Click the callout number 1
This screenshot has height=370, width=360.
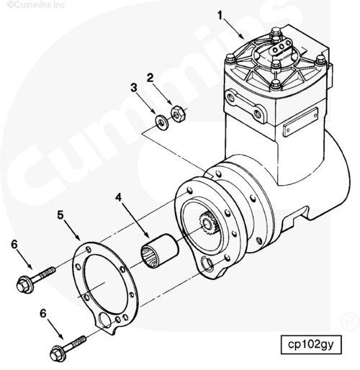220,15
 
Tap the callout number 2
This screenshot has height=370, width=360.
150,78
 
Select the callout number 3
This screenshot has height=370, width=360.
134,87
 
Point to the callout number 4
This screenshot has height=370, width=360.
118,197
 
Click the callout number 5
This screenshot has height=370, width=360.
60,215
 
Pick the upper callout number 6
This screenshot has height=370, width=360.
14,245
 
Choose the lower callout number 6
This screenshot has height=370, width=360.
42,313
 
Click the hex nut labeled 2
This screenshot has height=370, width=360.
178,114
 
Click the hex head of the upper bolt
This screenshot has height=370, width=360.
22,285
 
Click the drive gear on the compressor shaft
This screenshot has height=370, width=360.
207,224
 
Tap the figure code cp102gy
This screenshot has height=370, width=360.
310,344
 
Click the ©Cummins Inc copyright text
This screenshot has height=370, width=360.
36,4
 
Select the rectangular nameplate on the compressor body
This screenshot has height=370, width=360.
300,122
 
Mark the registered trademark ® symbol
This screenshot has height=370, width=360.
349,322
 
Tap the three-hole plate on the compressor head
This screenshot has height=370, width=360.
281,48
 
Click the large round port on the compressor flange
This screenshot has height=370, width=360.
207,263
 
